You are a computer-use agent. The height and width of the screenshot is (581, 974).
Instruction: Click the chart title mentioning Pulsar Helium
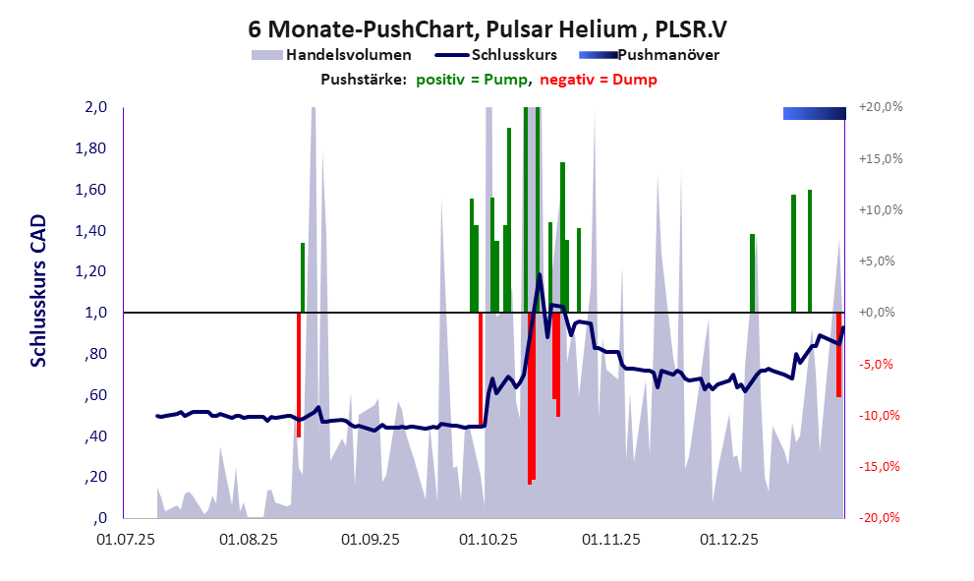click(x=487, y=30)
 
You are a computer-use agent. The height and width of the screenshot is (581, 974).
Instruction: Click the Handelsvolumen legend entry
click(x=348, y=55)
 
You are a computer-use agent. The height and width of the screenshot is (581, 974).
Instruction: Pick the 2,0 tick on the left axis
click(x=94, y=107)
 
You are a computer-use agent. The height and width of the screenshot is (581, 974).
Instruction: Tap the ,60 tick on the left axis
click(x=95, y=395)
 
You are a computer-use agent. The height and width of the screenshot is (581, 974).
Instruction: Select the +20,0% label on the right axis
click(x=880, y=107)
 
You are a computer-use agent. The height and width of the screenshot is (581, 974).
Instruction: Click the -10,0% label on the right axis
click(x=880, y=415)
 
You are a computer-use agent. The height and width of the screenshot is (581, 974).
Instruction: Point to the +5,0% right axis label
click(x=880, y=261)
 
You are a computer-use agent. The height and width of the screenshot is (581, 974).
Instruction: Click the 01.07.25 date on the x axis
click(x=123, y=540)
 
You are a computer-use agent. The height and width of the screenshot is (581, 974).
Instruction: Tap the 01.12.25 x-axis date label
click(x=729, y=540)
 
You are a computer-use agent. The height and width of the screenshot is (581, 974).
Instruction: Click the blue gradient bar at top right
click(x=814, y=113)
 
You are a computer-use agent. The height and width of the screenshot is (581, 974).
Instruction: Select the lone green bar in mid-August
click(x=303, y=277)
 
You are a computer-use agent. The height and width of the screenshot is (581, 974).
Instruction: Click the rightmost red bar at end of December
click(x=838, y=354)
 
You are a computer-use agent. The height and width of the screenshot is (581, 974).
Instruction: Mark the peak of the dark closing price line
click(x=540, y=275)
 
